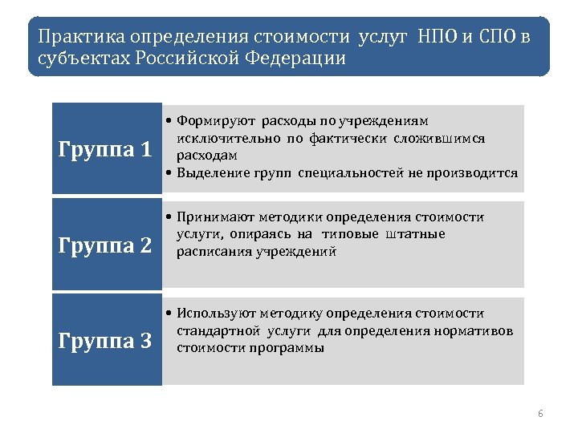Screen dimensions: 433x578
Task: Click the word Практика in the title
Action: click(x=75, y=37)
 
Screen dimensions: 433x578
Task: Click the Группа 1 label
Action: click(x=106, y=149)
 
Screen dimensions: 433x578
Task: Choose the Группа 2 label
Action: click(x=106, y=245)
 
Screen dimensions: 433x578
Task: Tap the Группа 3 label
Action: click(x=106, y=341)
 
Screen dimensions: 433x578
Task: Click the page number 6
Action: click(x=540, y=414)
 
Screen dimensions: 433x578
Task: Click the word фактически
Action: click(x=349, y=138)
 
